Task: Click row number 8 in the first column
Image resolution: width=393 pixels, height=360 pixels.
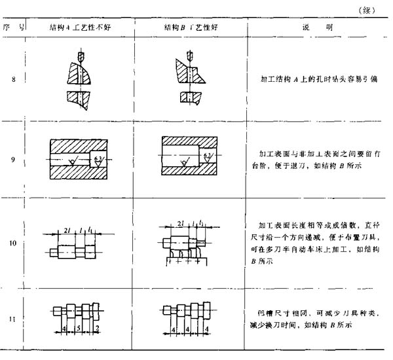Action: [x=14, y=81]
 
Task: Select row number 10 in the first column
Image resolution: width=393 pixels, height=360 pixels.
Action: [x=14, y=243]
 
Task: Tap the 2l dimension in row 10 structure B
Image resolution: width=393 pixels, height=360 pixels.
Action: [x=179, y=224]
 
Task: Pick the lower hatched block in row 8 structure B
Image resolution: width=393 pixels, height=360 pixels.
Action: [x=190, y=98]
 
